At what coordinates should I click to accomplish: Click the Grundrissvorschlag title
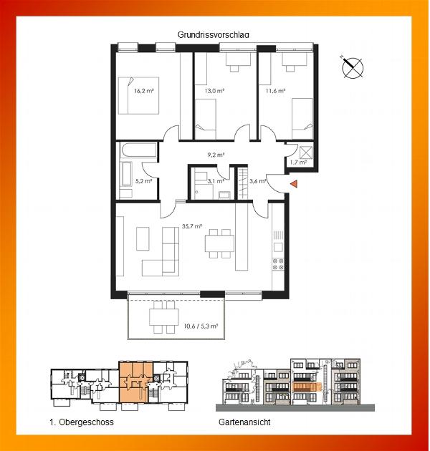click(x=213, y=35)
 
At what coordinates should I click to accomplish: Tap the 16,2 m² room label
click(x=144, y=91)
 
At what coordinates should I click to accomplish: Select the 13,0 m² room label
click(x=214, y=91)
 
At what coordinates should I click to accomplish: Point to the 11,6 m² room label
click(x=275, y=91)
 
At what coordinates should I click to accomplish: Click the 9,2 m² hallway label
click(x=216, y=155)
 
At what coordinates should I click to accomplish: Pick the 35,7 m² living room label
click(x=191, y=226)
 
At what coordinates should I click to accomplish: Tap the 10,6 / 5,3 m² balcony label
click(x=201, y=326)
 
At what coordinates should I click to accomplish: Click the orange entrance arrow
click(x=294, y=184)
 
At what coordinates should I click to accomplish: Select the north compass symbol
click(x=352, y=67)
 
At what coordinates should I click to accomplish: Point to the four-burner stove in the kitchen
click(x=278, y=264)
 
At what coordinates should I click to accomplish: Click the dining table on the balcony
click(x=163, y=317)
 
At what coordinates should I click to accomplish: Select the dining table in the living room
click(x=219, y=243)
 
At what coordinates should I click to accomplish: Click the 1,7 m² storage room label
click(x=298, y=163)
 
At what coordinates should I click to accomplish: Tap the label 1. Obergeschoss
click(x=82, y=422)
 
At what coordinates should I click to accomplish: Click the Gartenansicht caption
click(x=244, y=422)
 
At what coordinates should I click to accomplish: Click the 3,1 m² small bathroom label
click(x=216, y=181)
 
